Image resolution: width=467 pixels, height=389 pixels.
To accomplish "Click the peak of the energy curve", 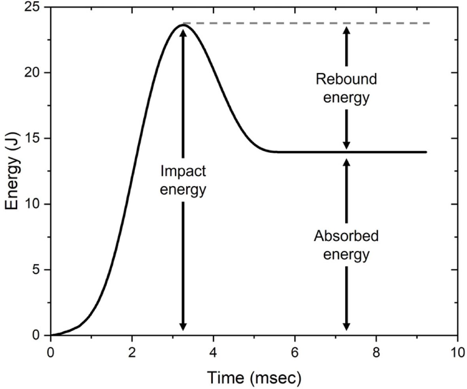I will coord(183,25).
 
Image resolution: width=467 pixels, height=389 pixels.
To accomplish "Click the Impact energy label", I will coord(183,180).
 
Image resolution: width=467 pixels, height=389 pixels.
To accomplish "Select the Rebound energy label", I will coord(346,88).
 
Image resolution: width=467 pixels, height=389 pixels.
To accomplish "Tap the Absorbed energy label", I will coord(346,245).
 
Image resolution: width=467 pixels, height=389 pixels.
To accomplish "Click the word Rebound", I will coord(346,80).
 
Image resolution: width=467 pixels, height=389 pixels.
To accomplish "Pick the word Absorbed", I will coord(346,237).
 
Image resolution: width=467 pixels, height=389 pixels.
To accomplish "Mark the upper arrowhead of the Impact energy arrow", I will coord(183,31).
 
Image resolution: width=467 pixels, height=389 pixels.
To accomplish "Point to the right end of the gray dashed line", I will coord(429,23).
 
